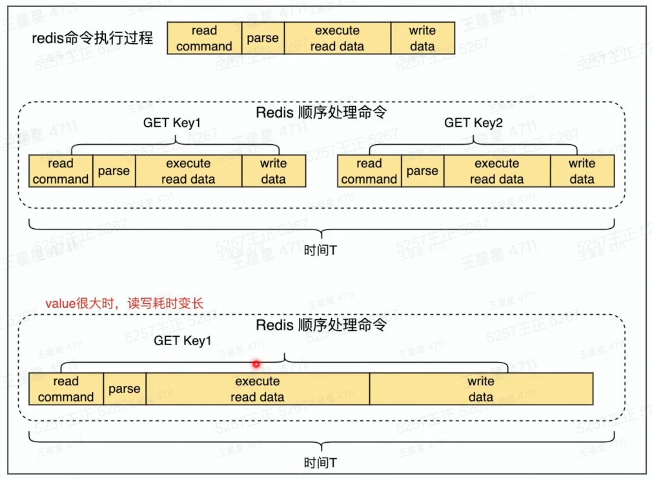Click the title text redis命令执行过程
click(x=92, y=38)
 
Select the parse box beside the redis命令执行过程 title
click(x=263, y=38)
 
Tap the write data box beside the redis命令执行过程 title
click(x=422, y=38)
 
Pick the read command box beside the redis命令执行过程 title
click(x=204, y=38)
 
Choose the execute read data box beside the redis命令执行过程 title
click(x=338, y=38)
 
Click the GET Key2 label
click(x=473, y=123)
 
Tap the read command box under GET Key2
click(x=369, y=171)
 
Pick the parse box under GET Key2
click(x=422, y=171)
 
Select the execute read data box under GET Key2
click(x=497, y=171)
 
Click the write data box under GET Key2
click(x=582, y=171)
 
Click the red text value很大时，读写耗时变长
click(x=125, y=303)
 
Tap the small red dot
click(x=256, y=364)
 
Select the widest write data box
click(x=481, y=389)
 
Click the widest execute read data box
click(x=258, y=389)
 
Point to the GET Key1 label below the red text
click(x=183, y=341)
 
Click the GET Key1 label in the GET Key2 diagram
click(x=172, y=123)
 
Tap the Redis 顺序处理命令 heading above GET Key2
click(x=321, y=112)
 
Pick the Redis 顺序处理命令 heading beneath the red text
click(x=321, y=325)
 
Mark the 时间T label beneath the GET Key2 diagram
click(x=320, y=250)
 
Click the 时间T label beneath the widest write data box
click(x=320, y=463)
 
